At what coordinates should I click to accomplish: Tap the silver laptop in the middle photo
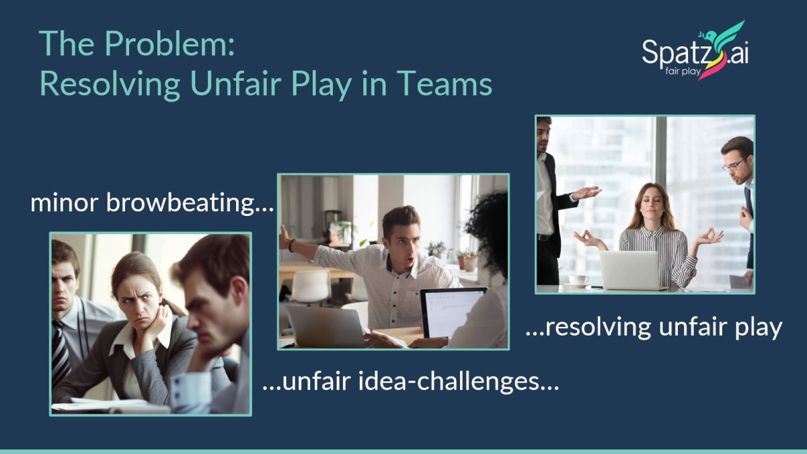pyautogui.click(x=328, y=326)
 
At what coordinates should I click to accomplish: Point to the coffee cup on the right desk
pyautogui.click(x=576, y=279)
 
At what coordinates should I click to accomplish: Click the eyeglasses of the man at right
pyautogui.click(x=735, y=163)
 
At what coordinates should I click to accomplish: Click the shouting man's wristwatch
pyautogui.click(x=292, y=245)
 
